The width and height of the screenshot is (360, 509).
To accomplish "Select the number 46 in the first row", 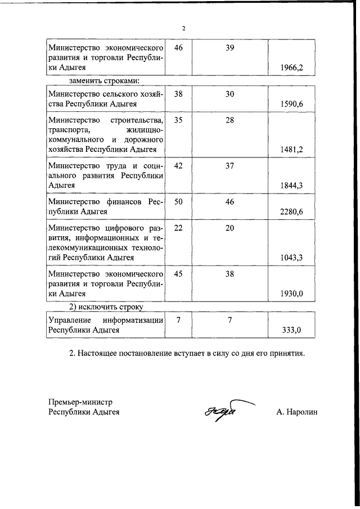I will (179, 47).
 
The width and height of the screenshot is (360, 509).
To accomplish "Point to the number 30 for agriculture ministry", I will (229, 94).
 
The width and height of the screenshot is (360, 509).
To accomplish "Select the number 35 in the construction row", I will (179, 120).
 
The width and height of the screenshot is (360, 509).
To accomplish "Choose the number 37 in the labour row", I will (229, 166).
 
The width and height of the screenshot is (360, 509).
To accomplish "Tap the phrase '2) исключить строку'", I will (106, 307).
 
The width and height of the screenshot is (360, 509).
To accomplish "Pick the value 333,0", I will (292, 330).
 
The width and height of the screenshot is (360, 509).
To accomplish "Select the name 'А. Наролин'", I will (297, 412).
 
